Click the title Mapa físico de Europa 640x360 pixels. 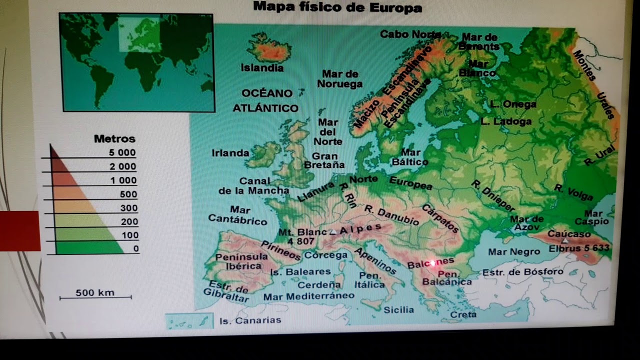(337, 7)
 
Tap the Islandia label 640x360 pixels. (262, 67)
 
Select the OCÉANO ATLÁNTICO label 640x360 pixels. (266, 100)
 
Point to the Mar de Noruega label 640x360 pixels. (339, 79)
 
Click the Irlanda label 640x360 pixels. (230, 153)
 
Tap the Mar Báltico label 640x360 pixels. (410, 157)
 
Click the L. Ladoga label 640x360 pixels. (506, 121)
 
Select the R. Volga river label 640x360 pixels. (573, 192)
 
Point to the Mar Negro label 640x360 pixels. (514, 252)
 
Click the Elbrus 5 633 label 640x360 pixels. (579, 248)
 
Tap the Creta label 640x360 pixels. (463, 314)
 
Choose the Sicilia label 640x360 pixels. (398, 309)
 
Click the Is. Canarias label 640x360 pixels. (250, 320)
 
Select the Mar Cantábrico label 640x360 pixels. (237, 214)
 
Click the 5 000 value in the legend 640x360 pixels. (122, 153)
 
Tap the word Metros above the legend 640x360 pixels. (114, 138)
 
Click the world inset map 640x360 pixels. (136, 62)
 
